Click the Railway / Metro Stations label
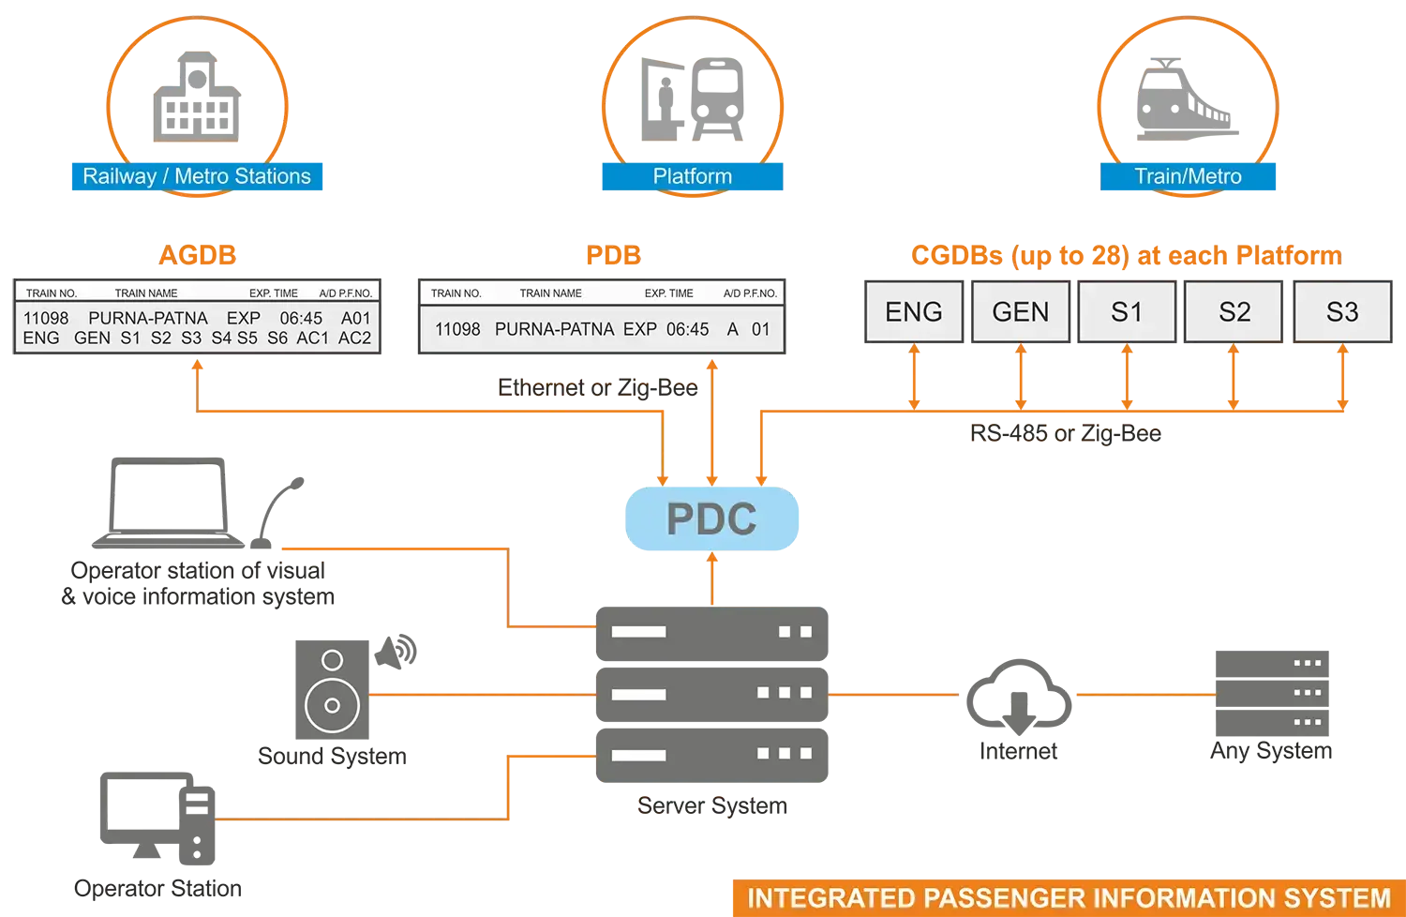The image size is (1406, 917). [197, 176]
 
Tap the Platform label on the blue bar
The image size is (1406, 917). [692, 176]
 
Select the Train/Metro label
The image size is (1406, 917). [1188, 176]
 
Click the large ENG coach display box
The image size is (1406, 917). [914, 312]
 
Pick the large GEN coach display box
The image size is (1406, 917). [1021, 312]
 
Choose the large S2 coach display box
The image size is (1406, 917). [1234, 312]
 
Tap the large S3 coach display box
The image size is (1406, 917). [1342, 312]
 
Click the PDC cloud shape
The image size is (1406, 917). [710, 519]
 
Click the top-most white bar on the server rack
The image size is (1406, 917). [638, 632]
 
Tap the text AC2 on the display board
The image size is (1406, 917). [354, 338]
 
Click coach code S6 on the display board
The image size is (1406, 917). [277, 338]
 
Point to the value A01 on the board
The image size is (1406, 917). [356, 319]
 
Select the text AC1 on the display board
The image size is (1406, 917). [313, 338]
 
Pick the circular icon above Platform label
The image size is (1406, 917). [692, 94]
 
